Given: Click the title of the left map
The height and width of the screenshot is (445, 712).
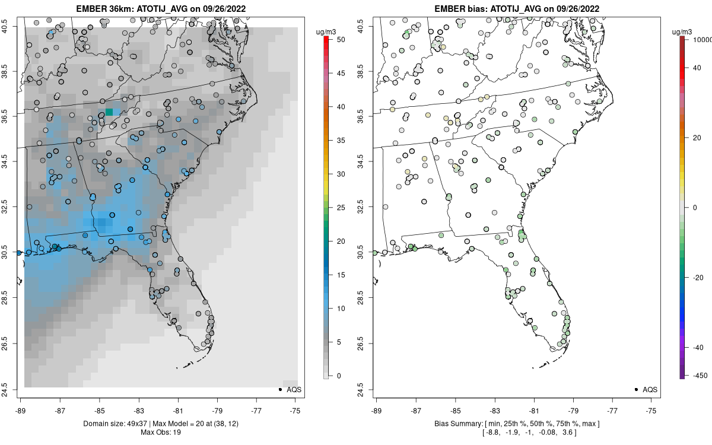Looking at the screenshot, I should click(x=160, y=8).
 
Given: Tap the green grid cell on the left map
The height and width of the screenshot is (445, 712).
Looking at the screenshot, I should click(x=109, y=112).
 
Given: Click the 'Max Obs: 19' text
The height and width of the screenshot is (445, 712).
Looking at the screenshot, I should click(x=160, y=432).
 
